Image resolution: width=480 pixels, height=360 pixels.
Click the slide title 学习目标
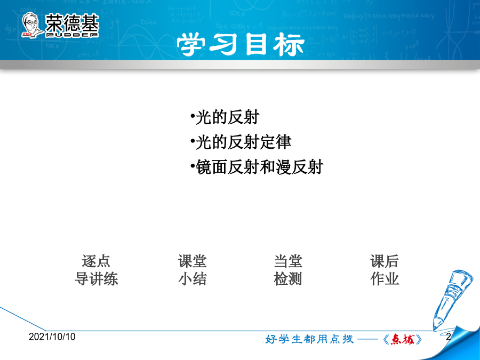[241, 45]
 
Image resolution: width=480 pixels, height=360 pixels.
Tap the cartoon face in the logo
[31, 25]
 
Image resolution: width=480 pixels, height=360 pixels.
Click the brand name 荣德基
[72, 23]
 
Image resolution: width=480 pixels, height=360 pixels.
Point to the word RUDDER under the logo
[72, 35]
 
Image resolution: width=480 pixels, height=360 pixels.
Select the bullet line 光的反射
[225, 117]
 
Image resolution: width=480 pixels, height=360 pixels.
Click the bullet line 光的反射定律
[241, 142]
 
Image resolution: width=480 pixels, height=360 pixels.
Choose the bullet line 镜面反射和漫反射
[257, 167]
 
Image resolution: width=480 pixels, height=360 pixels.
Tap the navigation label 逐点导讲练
[96, 270]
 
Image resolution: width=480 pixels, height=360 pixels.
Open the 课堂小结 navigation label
[192, 270]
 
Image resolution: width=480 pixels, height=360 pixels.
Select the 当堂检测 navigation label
[288, 270]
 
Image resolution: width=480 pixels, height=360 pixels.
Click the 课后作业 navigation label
[385, 270]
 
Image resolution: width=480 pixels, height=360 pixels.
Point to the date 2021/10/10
[52, 337]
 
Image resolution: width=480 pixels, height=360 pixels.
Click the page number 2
[449, 337]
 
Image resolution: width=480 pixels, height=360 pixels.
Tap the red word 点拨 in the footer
[403, 339]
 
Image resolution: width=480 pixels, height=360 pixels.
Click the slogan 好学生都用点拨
[309, 339]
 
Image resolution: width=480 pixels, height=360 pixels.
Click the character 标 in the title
[289, 45]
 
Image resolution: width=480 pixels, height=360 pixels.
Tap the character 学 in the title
[191, 45]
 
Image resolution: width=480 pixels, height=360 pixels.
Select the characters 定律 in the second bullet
[276, 142]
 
